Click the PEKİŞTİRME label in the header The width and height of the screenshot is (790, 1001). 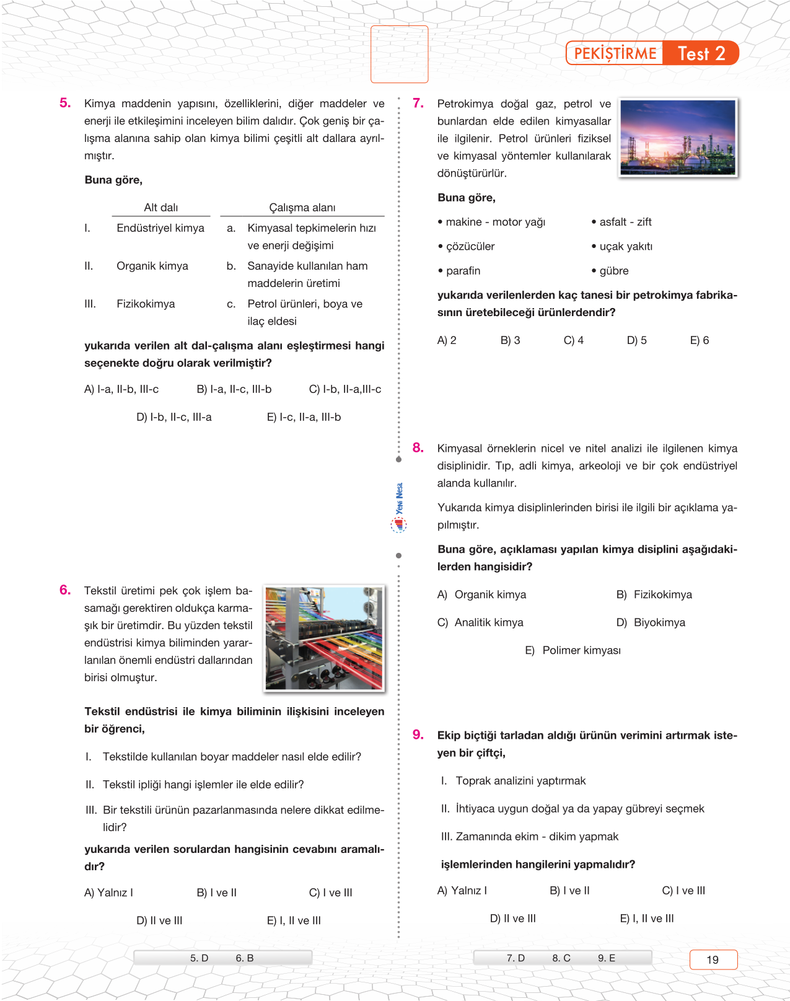click(615, 53)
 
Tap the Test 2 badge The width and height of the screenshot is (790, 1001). click(701, 53)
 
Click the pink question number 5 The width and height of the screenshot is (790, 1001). click(65, 103)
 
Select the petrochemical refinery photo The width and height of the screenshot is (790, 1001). click(678, 138)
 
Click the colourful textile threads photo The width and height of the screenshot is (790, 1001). click(323, 638)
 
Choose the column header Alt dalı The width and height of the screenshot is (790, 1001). click(160, 208)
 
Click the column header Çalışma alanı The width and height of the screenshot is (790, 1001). click(302, 208)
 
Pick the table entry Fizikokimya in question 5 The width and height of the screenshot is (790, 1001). click(146, 304)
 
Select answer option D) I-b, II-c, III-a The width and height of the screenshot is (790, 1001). click(174, 417)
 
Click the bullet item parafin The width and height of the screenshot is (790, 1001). click(462, 271)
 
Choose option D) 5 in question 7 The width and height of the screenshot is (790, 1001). click(636, 340)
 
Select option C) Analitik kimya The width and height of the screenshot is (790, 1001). click(481, 622)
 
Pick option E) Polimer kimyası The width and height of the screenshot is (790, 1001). click(573, 650)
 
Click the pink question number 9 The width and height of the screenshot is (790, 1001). click(418, 734)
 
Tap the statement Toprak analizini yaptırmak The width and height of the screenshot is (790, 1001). click(520, 781)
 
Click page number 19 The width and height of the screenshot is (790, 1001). click(713, 959)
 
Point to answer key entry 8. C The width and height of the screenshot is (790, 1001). click(561, 958)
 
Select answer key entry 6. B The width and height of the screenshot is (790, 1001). click(244, 958)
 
